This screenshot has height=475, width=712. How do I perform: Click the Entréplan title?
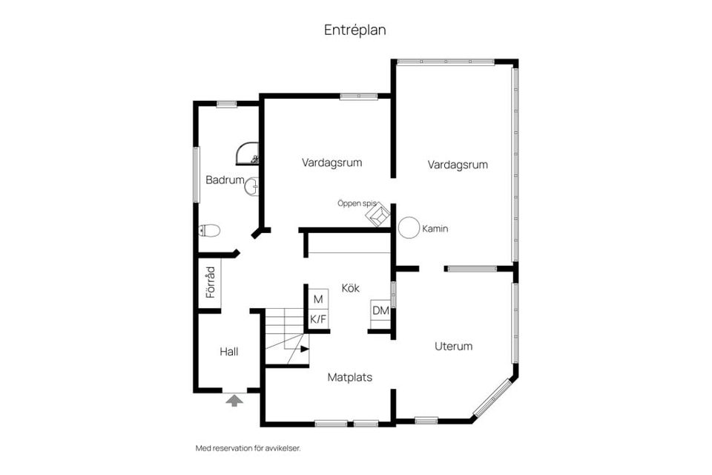[x=355, y=30]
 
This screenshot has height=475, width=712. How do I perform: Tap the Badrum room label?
[x=225, y=180]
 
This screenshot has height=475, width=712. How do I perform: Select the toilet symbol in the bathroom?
[x=210, y=230]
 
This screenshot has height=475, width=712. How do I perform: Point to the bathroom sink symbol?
[x=251, y=187]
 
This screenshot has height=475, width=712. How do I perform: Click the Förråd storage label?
[x=210, y=282]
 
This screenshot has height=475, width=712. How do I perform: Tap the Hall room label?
[x=228, y=351]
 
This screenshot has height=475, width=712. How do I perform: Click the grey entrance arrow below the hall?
[x=234, y=401]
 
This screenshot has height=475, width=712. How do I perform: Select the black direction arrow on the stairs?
[x=304, y=348]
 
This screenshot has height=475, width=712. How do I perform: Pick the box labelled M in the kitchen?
[x=318, y=299]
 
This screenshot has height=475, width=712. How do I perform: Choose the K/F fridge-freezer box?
[x=318, y=320]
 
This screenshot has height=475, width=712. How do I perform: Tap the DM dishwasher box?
[x=381, y=310]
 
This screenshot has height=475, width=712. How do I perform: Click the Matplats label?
[x=350, y=377]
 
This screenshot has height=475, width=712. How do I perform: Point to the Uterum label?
[x=453, y=346]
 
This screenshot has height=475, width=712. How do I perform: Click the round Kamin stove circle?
[x=409, y=228]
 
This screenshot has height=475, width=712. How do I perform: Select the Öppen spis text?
[x=357, y=203]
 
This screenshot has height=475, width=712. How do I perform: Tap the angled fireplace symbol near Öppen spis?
[x=378, y=214]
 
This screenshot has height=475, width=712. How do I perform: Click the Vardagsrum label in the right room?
[x=458, y=165]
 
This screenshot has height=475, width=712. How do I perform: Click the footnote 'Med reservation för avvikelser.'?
[x=248, y=448]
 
